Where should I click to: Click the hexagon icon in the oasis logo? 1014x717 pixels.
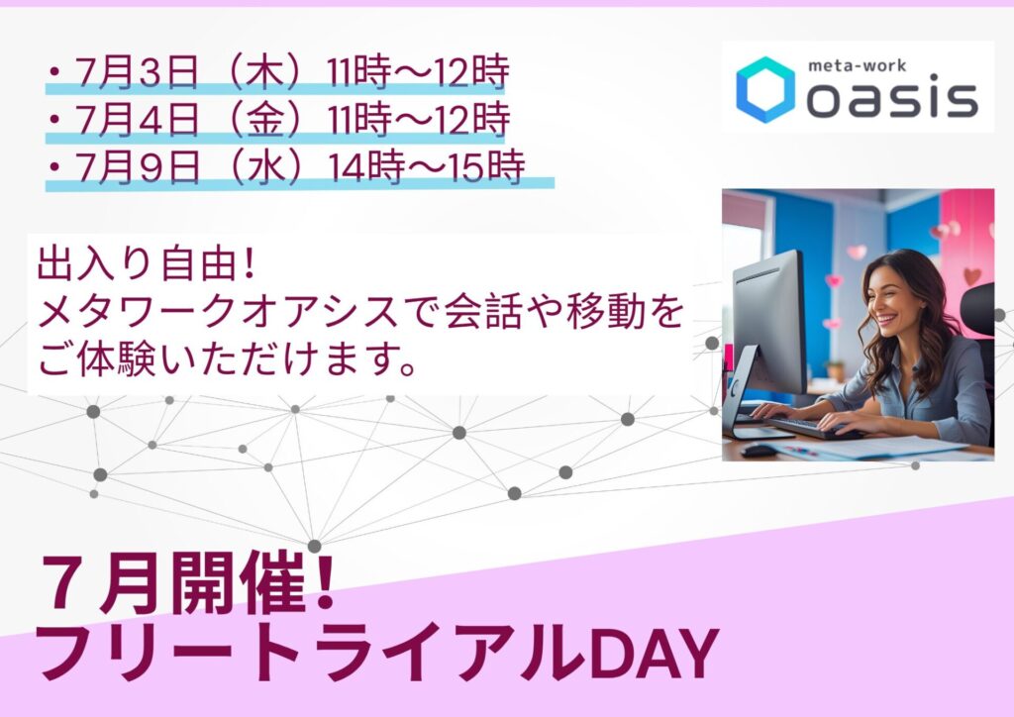(x=765, y=89)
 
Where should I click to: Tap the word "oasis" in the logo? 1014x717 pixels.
(x=892, y=98)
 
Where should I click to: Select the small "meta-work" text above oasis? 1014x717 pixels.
(x=857, y=65)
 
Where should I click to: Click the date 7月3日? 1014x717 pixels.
(x=137, y=71)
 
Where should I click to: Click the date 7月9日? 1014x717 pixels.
(x=137, y=167)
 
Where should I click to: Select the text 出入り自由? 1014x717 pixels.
(x=147, y=264)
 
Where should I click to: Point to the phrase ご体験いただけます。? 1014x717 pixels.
(x=226, y=359)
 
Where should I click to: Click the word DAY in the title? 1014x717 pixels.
(x=655, y=655)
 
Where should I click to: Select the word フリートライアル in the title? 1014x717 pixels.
(x=312, y=654)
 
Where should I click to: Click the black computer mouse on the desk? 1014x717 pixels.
(x=760, y=450)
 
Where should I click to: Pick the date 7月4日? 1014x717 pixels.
(x=137, y=120)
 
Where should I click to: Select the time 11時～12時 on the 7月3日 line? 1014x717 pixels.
(x=418, y=71)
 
